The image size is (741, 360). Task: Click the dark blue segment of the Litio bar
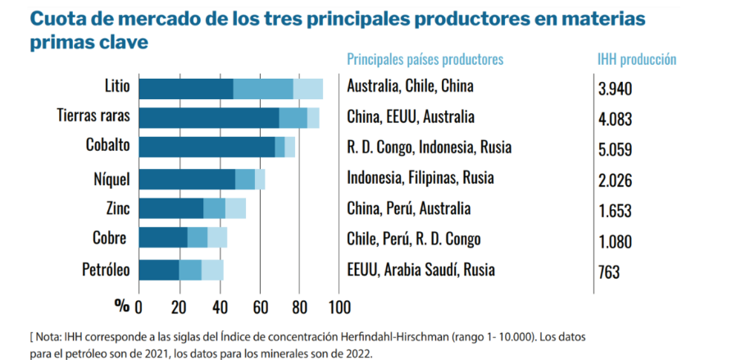coord(186,88)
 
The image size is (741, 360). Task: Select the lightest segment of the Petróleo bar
coord(212,270)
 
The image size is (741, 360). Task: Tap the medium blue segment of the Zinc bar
coord(214,208)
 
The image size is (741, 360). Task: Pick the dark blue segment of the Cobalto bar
coord(207,147)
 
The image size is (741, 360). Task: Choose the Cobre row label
coord(110,239)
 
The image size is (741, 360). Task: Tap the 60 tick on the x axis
coord(258,308)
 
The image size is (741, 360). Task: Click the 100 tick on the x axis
coord(338,308)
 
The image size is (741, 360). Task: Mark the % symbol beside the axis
coord(122,306)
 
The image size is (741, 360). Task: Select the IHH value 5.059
coord(615,150)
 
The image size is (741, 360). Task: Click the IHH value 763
coord(608,272)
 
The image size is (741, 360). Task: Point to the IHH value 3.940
coord(615,89)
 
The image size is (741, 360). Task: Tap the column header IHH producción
coord(636,59)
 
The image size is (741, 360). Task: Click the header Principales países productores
coord(425,59)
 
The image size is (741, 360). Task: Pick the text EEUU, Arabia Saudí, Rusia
coord(421,269)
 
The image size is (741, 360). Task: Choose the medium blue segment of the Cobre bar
coord(198,239)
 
